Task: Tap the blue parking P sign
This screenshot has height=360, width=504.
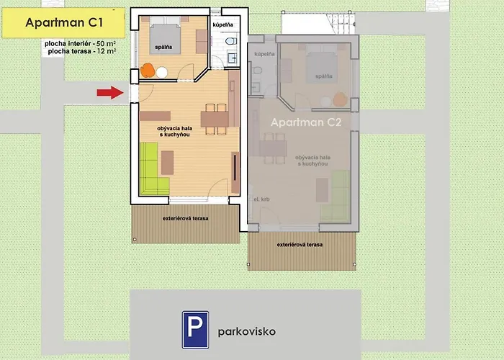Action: tap(195, 329)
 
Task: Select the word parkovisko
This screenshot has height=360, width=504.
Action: tap(246, 332)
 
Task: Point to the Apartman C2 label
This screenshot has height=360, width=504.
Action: tap(305, 122)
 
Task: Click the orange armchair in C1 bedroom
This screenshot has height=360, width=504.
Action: tap(148, 71)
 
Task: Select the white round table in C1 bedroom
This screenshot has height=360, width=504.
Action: tap(162, 72)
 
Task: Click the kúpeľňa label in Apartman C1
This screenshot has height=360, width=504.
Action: tap(223, 26)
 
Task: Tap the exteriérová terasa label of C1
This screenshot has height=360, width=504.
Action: tap(185, 217)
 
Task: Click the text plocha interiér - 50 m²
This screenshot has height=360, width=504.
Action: tap(81, 44)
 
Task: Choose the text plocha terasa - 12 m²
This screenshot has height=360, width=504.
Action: tap(81, 52)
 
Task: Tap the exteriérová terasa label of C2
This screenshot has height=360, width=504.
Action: tap(300, 245)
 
